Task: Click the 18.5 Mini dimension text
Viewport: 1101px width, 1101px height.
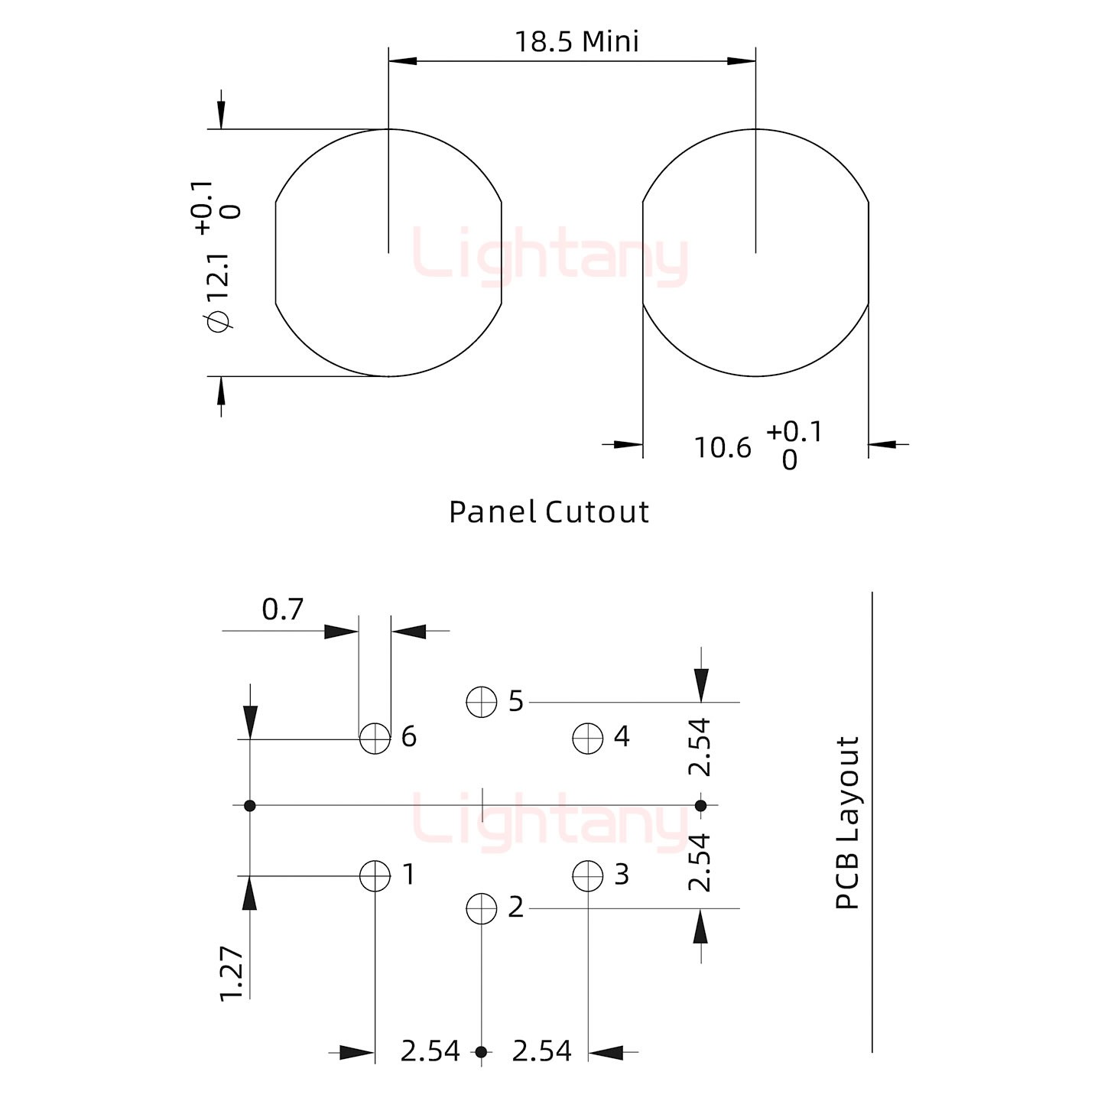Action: pyautogui.click(x=576, y=42)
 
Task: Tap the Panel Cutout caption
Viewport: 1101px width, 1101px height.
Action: pyautogui.click(x=548, y=512)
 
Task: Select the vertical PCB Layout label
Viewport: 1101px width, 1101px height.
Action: pyautogui.click(x=847, y=822)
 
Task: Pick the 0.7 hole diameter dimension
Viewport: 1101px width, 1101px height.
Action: pyautogui.click(x=282, y=609)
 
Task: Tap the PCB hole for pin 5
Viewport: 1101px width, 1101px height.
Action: pyautogui.click(x=481, y=702)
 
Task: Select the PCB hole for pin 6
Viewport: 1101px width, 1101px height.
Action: pyautogui.click(x=375, y=739)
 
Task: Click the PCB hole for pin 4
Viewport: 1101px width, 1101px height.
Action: pyautogui.click(x=587, y=739)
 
